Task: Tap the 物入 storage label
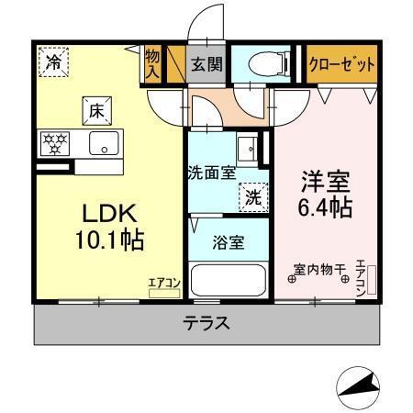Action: [x=152, y=65]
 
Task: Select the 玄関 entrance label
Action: [x=205, y=65]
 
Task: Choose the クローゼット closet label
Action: [x=341, y=64]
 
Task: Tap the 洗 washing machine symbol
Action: [x=251, y=195]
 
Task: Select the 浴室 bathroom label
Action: [x=229, y=243]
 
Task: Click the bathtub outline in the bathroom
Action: [x=229, y=280]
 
